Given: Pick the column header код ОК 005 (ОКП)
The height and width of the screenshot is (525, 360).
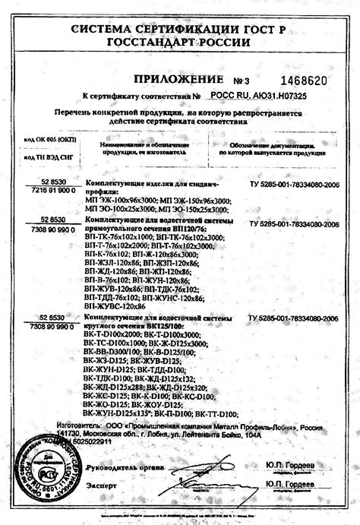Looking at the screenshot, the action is tap(46, 141).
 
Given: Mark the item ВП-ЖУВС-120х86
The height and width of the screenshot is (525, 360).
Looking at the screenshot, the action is tap(113, 305).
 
